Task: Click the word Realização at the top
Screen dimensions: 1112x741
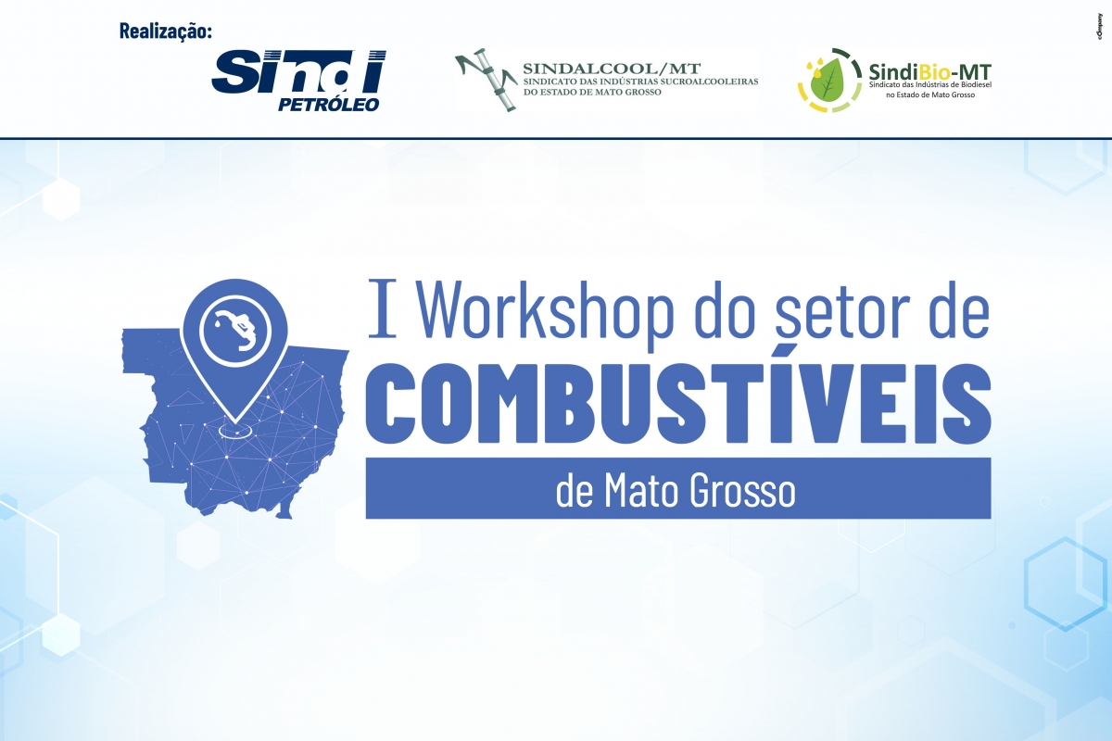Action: click(165, 31)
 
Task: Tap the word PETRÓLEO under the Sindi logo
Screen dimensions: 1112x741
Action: click(329, 105)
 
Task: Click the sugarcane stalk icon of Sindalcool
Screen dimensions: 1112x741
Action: click(486, 80)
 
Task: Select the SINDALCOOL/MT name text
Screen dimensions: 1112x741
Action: click(612, 68)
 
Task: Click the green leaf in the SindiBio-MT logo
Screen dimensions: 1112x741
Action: click(826, 79)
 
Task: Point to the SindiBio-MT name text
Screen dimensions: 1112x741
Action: click(929, 72)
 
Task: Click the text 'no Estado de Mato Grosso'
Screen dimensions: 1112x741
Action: click(930, 94)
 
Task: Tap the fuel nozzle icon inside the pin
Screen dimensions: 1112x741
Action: click(235, 329)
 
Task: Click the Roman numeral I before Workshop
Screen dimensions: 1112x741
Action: click(383, 308)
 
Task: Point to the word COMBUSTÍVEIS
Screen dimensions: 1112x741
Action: click(678, 403)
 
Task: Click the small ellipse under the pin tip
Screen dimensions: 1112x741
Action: click(235, 431)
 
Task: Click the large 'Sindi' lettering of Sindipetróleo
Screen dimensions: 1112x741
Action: click(298, 72)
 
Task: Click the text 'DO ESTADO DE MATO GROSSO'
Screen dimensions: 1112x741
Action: click(592, 92)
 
